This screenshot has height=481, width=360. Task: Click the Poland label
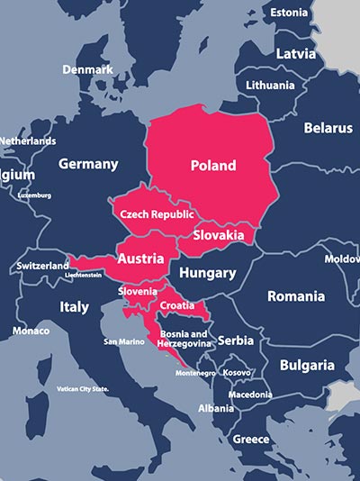tap(213, 166)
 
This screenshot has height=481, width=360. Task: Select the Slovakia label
tap(218, 235)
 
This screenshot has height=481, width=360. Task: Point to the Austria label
tap(141, 259)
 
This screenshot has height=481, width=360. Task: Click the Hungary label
tap(207, 273)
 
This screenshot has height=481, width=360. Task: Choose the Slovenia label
tap(138, 292)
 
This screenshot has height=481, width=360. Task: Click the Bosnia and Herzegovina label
tap(183, 339)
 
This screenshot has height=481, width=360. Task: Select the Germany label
tap(88, 164)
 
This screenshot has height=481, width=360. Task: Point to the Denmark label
tap(87, 69)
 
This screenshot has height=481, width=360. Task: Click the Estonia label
tap(289, 13)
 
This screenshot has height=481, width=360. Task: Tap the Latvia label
tap(296, 53)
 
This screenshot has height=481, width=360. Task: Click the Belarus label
tap(328, 128)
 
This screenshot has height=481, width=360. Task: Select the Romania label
tap(295, 295)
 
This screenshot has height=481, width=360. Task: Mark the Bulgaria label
tap(307, 366)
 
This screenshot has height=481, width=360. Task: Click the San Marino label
tap(124, 342)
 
